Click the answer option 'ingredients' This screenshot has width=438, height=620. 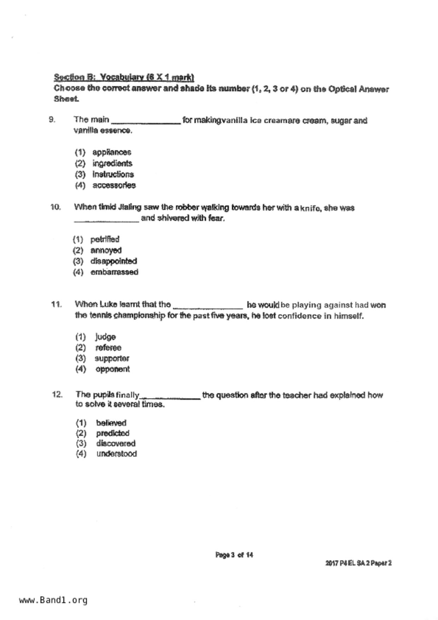[x=112, y=163]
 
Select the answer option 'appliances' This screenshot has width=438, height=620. [x=112, y=152]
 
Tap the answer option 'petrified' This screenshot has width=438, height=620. [x=105, y=239]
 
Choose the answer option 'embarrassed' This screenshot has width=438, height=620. [x=114, y=272]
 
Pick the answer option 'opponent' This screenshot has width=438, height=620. [x=112, y=369]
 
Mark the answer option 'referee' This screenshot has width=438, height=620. [x=108, y=348]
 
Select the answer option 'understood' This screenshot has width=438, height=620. [x=116, y=454]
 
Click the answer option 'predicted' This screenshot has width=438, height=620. [x=113, y=433]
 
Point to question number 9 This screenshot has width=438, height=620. [x=52, y=120]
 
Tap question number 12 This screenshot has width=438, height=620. [x=57, y=394]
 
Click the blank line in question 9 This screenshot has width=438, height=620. [x=146, y=122]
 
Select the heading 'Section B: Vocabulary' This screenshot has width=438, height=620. [x=124, y=77]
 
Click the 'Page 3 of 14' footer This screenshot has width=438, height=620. [x=234, y=555]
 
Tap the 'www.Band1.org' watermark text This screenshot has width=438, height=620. [x=53, y=600]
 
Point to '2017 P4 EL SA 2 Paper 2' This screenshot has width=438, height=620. [x=358, y=563]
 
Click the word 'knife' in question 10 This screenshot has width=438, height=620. [x=310, y=208]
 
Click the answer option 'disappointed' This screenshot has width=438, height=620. [x=113, y=261]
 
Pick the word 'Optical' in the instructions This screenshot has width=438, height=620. [x=342, y=89]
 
